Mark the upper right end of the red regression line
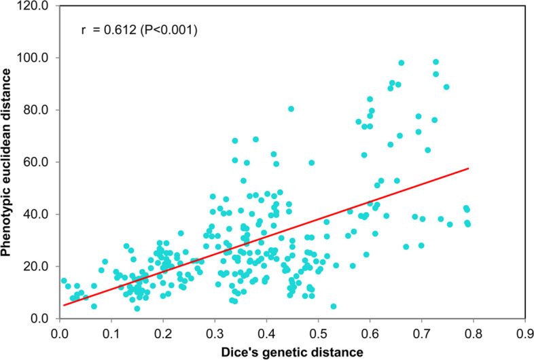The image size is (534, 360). [x=468, y=168]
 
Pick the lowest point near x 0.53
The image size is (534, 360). [x=333, y=306]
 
